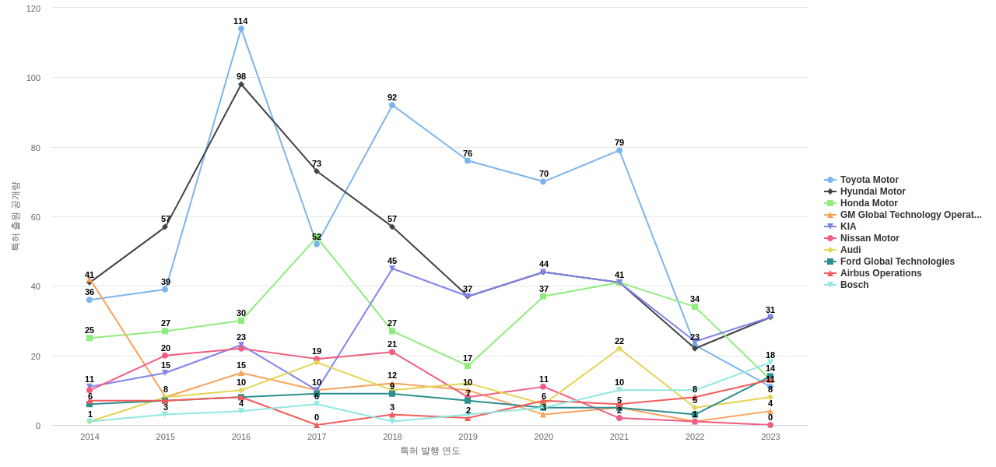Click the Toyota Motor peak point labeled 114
241,29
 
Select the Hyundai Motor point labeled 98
241,84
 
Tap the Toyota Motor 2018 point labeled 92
392,105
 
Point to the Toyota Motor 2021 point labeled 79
619,150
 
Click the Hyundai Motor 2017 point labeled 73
317,171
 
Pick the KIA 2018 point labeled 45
392,269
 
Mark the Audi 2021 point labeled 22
619,349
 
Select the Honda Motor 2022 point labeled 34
695,307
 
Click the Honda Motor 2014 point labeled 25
89,338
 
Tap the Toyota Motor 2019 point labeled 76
468,160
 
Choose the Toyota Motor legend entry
869,180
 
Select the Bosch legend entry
854,285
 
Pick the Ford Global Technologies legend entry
896,262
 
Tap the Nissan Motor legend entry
869,238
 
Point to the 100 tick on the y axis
33,78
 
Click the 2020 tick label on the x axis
544,437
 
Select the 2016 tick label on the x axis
241,437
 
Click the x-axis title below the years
430,451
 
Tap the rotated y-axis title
15,216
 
